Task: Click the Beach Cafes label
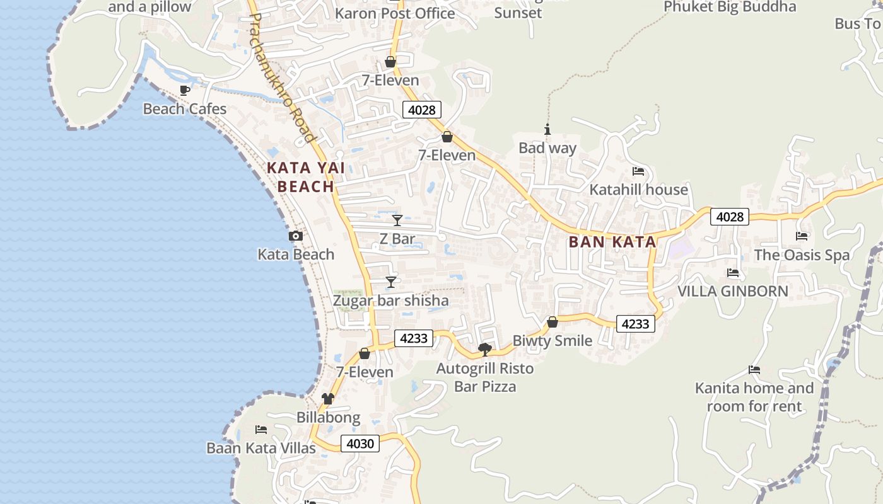(x=185, y=109)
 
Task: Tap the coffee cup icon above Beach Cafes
(x=185, y=91)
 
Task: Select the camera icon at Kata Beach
(x=295, y=236)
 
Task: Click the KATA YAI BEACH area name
(x=306, y=177)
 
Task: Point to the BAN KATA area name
(x=612, y=242)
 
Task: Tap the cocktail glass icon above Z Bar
(x=397, y=220)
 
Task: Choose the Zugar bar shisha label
(x=391, y=301)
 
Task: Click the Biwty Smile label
(x=553, y=341)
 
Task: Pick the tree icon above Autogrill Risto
(x=485, y=349)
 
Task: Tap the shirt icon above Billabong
(x=328, y=398)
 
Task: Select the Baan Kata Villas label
(x=261, y=448)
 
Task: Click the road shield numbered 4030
(x=361, y=444)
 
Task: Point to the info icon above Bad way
(x=547, y=130)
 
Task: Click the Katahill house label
(x=638, y=190)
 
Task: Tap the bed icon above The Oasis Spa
(x=802, y=236)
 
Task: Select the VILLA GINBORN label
(x=733, y=291)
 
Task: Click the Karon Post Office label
(x=395, y=13)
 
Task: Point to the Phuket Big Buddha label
(x=730, y=7)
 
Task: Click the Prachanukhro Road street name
(x=281, y=77)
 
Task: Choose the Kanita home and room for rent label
(x=754, y=397)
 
